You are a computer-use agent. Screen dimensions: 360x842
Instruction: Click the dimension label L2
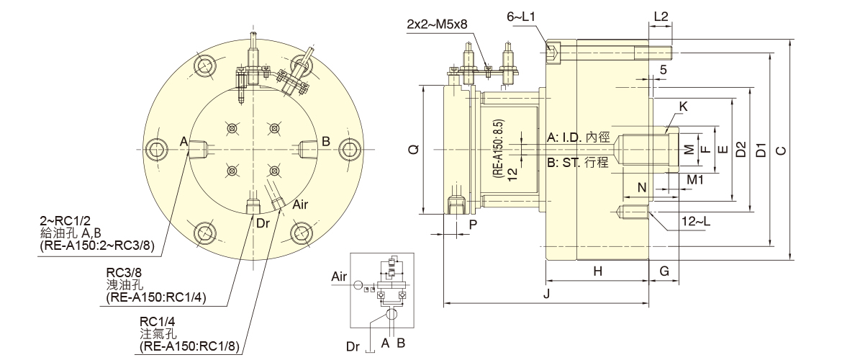click(661, 15)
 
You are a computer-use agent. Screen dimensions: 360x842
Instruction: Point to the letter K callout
click(683, 106)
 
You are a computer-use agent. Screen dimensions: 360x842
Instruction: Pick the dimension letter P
click(472, 224)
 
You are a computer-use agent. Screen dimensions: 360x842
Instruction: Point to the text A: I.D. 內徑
click(578, 137)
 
